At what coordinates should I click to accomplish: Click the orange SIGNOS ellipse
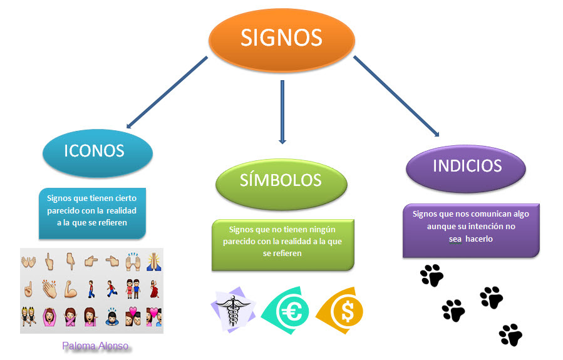(x=281, y=39)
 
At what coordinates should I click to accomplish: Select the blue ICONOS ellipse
(x=97, y=151)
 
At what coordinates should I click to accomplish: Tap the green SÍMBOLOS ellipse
(x=281, y=180)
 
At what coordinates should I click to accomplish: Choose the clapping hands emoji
(x=49, y=289)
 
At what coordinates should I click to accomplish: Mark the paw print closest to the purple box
(x=431, y=275)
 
